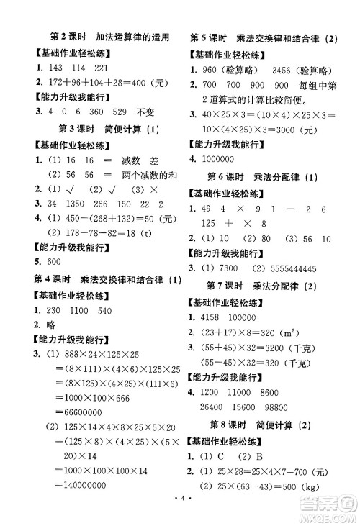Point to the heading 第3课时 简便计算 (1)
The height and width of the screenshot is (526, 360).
(107, 129)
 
